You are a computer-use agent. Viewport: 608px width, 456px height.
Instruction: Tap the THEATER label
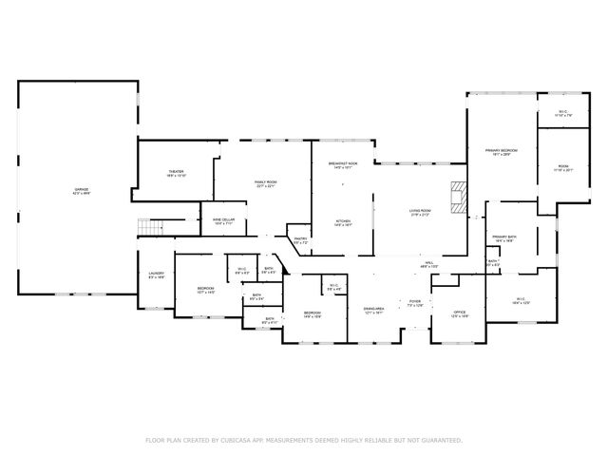177,173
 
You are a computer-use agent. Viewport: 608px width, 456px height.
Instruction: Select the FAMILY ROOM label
264,183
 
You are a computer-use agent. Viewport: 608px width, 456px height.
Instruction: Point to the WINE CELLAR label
223,221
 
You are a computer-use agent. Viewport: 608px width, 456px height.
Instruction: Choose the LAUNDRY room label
157,275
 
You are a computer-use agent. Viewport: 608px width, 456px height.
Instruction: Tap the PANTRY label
300,241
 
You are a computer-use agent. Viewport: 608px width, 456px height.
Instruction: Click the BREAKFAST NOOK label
342,164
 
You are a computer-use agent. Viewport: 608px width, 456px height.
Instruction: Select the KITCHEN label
342,223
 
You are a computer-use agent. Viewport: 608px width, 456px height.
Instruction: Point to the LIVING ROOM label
421,213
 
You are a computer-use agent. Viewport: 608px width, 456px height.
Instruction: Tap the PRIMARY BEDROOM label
502,151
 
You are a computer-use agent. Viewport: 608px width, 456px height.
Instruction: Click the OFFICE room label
459,313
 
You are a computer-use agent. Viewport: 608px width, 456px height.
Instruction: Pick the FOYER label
415,303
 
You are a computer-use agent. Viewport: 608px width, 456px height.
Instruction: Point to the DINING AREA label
372,310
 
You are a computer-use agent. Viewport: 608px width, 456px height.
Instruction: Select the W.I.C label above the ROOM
563,113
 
